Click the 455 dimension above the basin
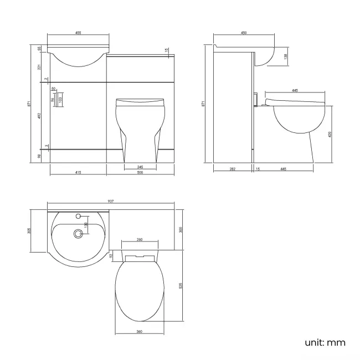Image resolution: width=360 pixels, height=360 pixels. (78, 33)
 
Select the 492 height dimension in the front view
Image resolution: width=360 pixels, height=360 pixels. (39, 116)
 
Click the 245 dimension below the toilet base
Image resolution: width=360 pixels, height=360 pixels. (140, 167)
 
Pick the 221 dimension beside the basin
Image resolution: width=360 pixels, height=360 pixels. (39, 67)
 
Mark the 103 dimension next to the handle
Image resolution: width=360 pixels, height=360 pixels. (60, 100)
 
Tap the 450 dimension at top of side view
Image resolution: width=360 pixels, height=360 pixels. (244, 33)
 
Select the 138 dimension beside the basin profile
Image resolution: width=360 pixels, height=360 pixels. (285, 56)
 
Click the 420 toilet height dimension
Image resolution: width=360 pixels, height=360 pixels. (331, 134)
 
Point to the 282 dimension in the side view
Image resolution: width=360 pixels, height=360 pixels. (233, 169)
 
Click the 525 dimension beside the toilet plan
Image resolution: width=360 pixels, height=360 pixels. (181, 286)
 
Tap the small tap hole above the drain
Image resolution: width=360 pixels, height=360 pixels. (78, 216)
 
